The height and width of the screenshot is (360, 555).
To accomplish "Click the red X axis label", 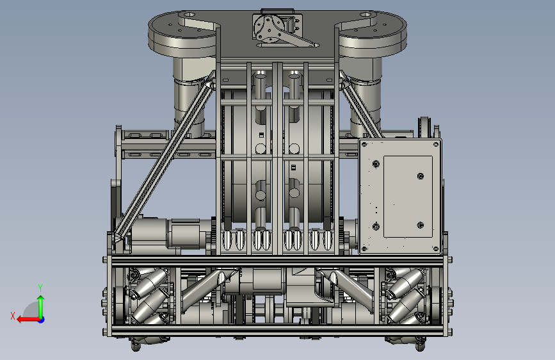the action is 13,316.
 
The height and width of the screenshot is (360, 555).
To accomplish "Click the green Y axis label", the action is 40,288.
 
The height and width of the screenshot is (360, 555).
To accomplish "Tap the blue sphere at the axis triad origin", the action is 42,320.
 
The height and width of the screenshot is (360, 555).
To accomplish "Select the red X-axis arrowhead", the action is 20,320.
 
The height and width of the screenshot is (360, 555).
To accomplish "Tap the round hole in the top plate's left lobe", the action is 189,15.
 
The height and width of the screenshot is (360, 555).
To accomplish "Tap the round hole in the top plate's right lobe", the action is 366,15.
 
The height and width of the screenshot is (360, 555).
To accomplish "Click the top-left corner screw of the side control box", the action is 364,145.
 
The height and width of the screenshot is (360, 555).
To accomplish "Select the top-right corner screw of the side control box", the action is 436,145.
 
